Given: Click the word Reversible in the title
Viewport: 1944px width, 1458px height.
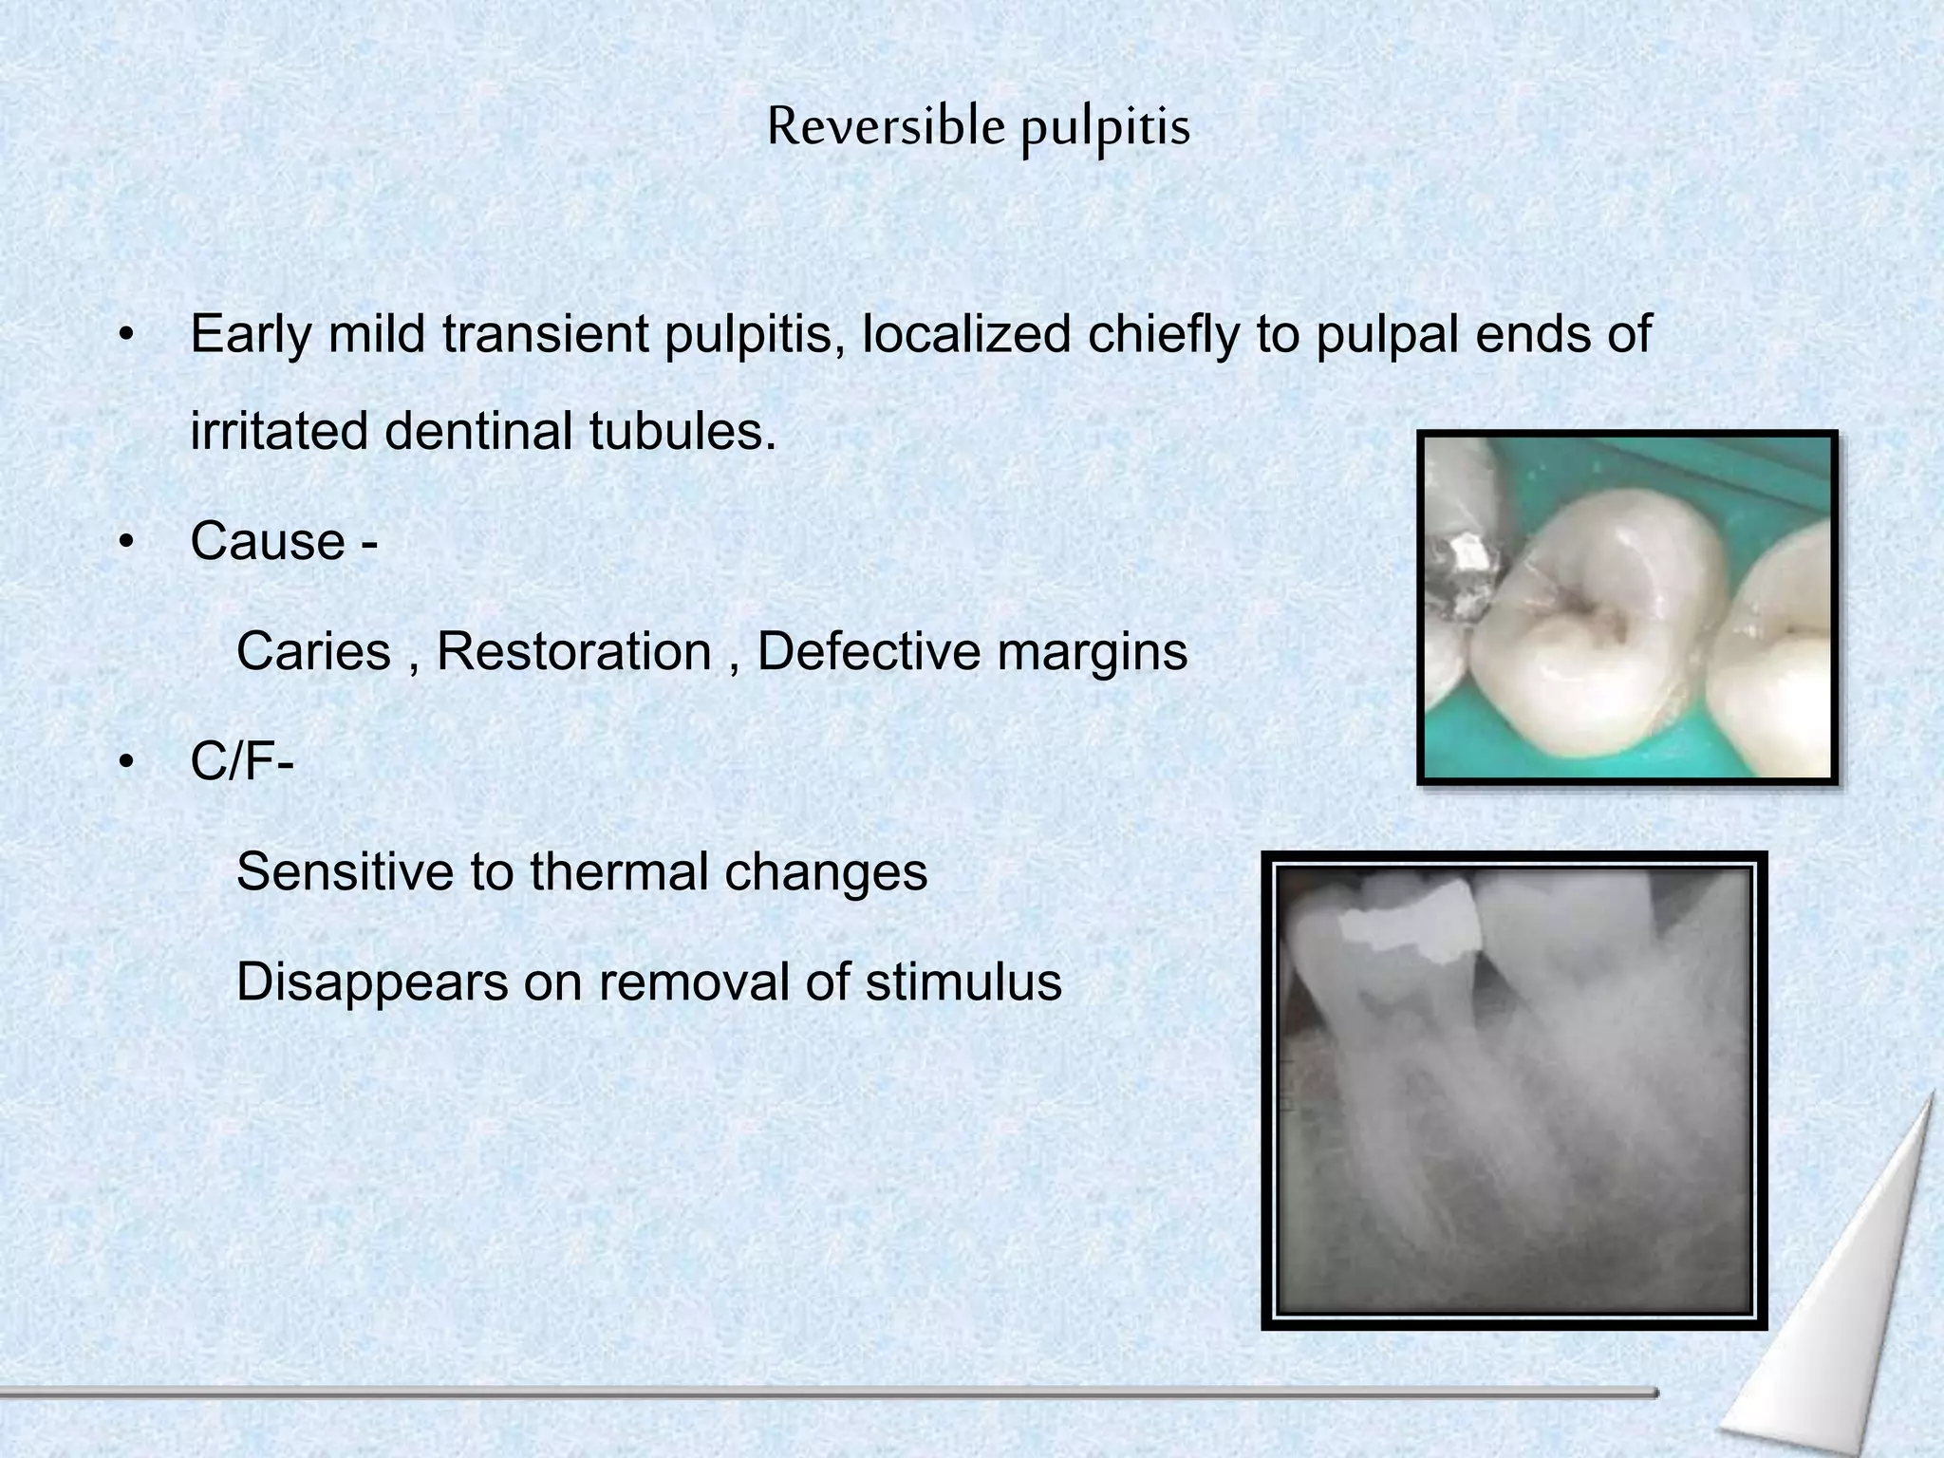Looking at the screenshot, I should [x=885, y=126].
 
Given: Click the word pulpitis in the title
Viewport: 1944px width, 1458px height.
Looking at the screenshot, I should [x=1105, y=129].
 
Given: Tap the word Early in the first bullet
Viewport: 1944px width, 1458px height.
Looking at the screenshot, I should [x=250, y=335].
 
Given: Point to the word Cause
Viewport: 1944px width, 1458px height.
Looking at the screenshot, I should [x=268, y=542].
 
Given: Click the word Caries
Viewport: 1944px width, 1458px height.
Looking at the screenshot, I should [x=313, y=652].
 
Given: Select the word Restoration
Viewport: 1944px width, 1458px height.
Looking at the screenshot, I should [x=573, y=652].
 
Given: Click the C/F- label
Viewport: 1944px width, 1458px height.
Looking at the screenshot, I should [x=241, y=762].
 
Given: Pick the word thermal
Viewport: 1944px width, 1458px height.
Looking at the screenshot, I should [x=619, y=872].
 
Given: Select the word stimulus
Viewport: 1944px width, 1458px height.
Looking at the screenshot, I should [x=963, y=982].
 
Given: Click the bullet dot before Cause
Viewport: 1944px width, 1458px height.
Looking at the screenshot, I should [x=124, y=543].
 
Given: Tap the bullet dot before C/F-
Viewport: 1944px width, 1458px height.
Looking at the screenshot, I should [x=124, y=763].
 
